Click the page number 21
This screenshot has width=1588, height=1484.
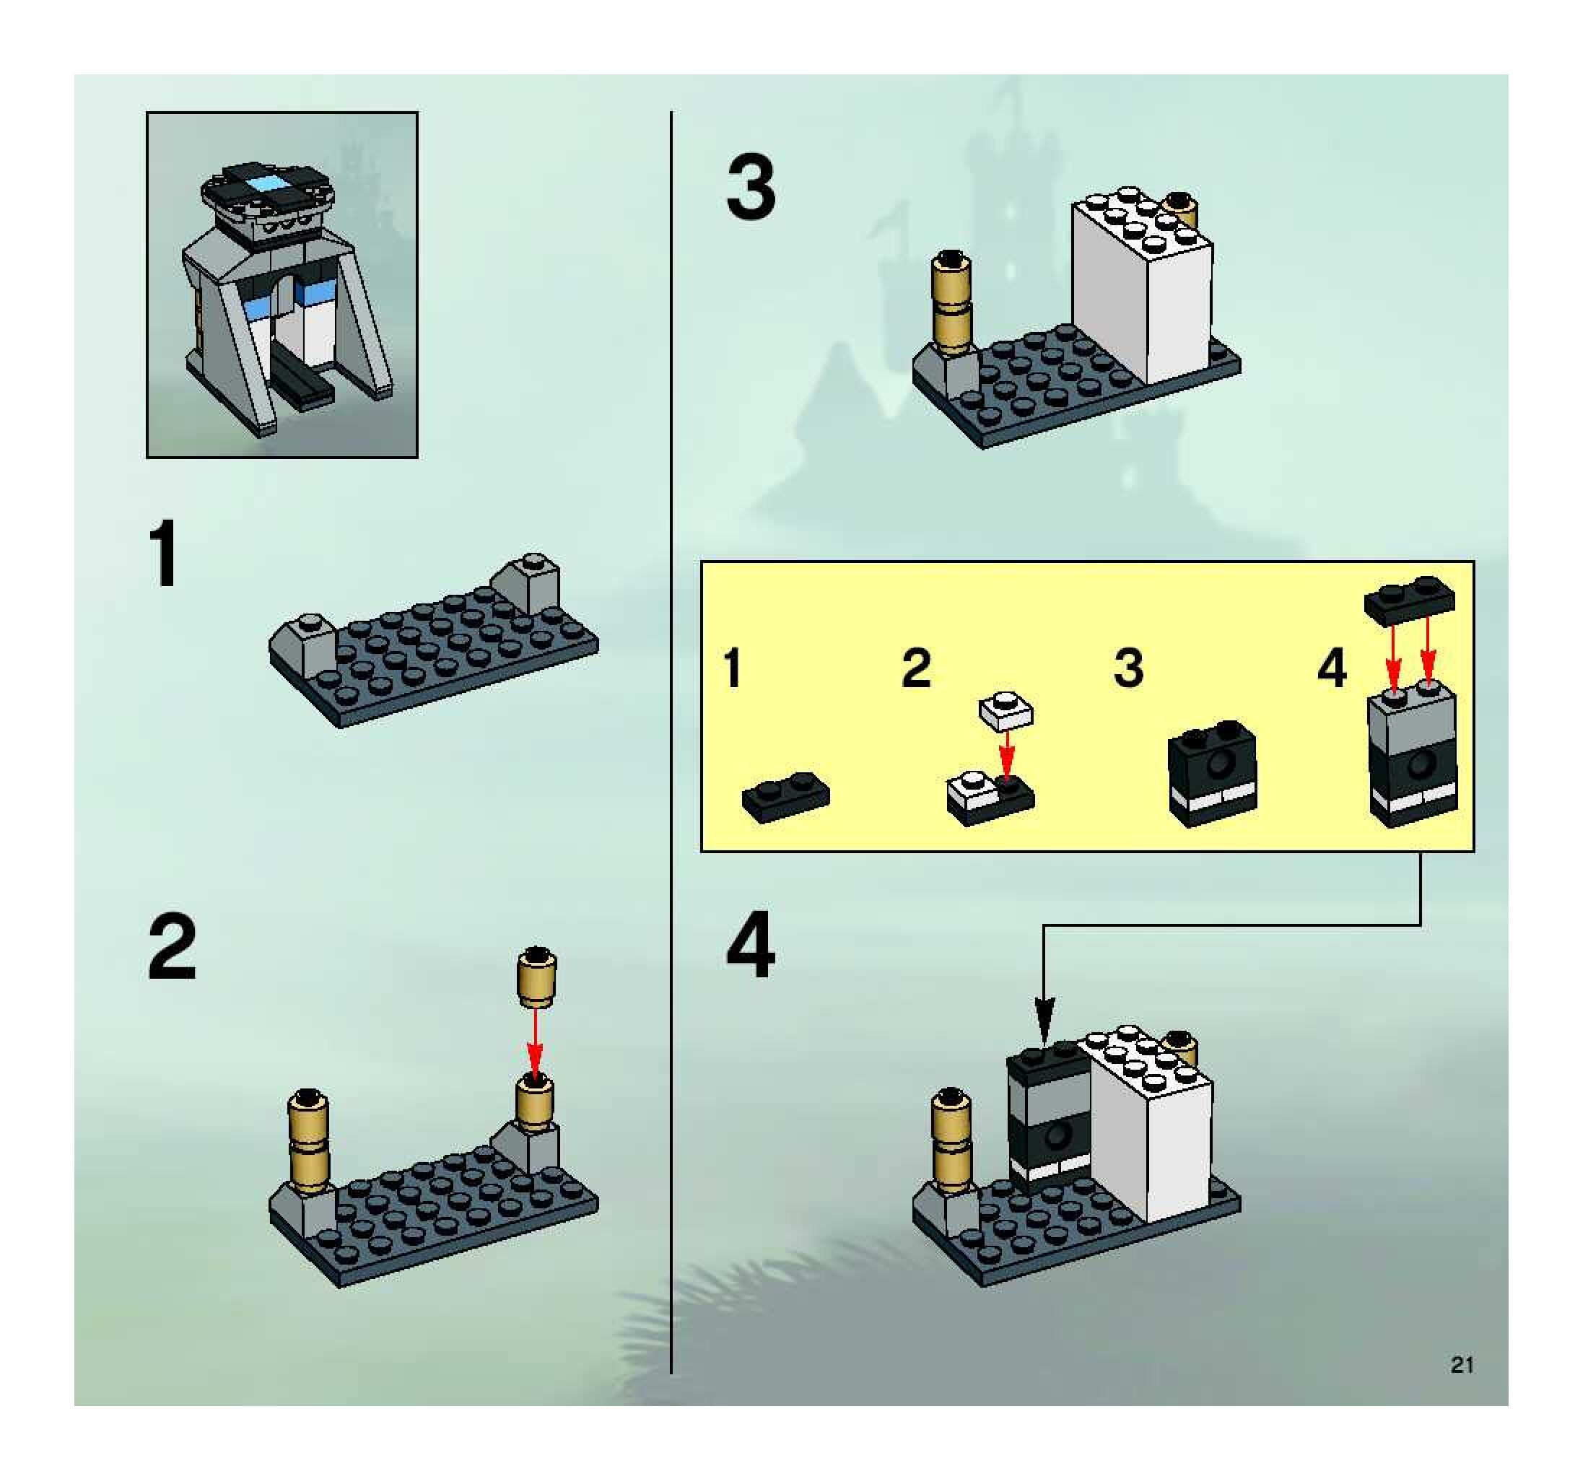click(1462, 1365)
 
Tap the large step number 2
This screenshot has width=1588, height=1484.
click(172, 947)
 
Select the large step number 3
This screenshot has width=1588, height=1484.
click(751, 188)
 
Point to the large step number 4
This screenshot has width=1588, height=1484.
click(750, 947)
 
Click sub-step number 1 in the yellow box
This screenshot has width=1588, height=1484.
click(732, 668)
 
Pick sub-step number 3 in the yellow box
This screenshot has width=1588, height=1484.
click(1128, 668)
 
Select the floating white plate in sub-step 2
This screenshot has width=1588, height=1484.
click(1005, 711)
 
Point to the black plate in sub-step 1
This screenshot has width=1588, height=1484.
click(786, 795)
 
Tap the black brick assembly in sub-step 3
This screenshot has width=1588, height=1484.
click(1213, 773)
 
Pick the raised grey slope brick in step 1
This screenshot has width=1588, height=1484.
click(528, 582)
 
